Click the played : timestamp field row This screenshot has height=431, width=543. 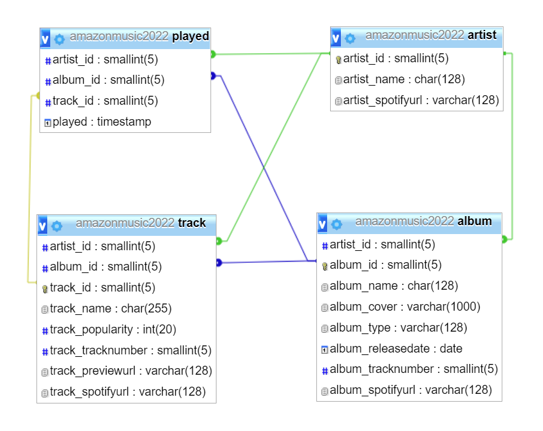[102, 122]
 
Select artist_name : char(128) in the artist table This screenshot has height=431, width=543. [404, 79]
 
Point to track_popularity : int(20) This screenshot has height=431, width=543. [113, 329]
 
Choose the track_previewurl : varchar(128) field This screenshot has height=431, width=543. [131, 371]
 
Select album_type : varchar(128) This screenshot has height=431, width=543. [398, 328]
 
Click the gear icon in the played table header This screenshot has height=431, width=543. [59, 40]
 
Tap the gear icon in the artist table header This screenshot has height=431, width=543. [350, 38]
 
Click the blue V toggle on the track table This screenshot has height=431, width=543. [42, 226]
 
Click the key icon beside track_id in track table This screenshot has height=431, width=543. [45, 289]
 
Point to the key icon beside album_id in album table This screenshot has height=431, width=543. [325, 265]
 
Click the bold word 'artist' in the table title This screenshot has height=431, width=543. [482, 35]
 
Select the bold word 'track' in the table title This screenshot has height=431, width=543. [192, 223]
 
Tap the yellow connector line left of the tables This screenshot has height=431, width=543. [28, 192]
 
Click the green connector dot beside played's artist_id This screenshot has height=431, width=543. [213, 54]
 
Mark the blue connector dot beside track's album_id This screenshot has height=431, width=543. [219, 262]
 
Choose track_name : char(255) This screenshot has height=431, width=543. [111, 309]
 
